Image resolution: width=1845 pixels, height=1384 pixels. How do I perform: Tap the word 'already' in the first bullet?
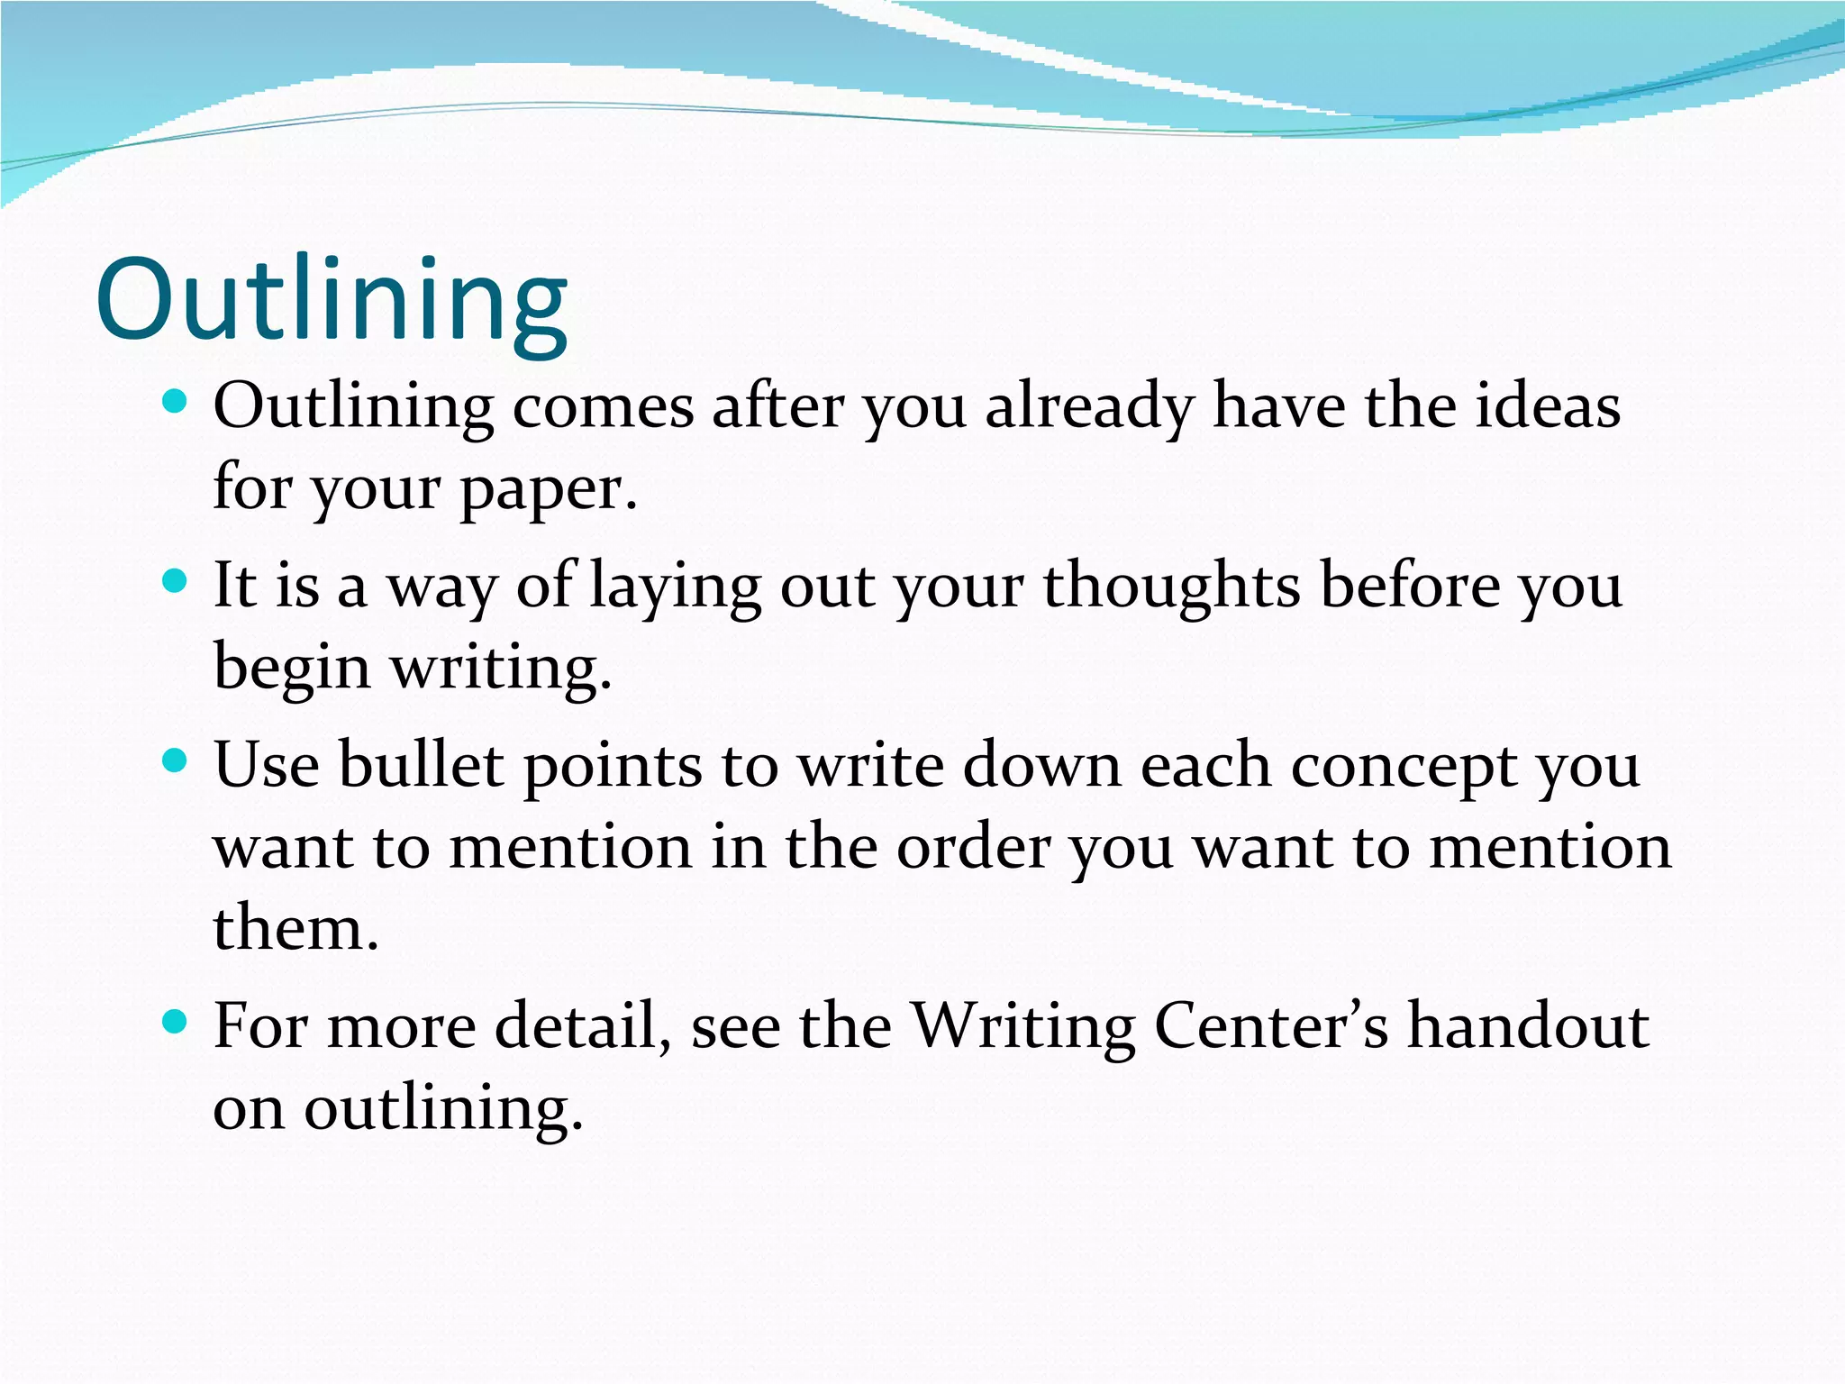click(1089, 407)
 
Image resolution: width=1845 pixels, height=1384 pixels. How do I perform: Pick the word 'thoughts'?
click(1171, 586)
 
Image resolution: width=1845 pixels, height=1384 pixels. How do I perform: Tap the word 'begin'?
click(292, 669)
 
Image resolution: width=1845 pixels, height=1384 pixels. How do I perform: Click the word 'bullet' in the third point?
click(421, 766)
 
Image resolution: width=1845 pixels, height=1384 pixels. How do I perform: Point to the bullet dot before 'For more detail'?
click(175, 1022)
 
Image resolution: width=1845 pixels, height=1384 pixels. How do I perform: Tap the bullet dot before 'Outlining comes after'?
click(175, 401)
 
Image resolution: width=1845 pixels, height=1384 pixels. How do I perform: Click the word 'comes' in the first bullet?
click(603, 407)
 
